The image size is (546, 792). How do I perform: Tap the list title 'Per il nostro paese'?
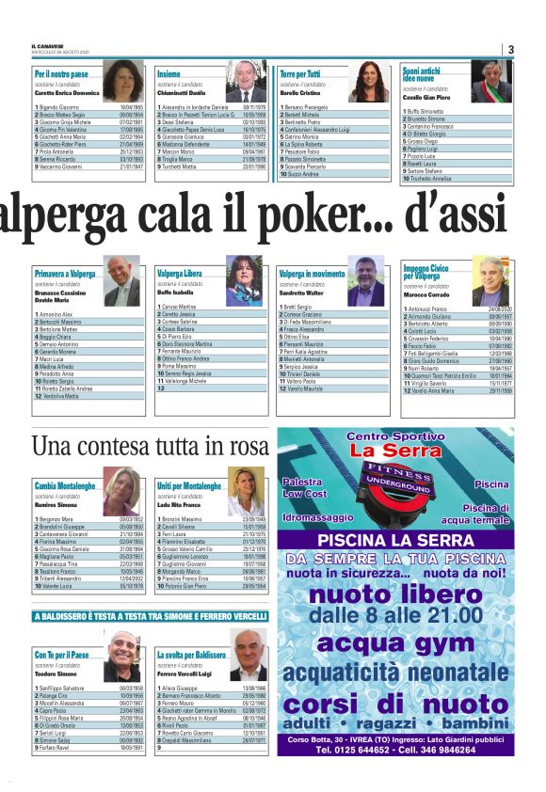pyautogui.click(x=62, y=73)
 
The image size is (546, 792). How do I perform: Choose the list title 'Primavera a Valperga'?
pyautogui.click(x=65, y=273)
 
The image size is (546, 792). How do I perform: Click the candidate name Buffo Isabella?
pyautogui.click(x=175, y=293)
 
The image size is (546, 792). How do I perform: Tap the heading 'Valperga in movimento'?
pyautogui.click(x=312, y=273)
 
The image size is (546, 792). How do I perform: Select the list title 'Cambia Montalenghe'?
pyautogui.click(x=65, y=485)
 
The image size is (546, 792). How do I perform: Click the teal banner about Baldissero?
pyautogui.click(x=152, y=616)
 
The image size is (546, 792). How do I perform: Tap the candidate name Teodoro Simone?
pyautogui.click(x=56, y=674)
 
